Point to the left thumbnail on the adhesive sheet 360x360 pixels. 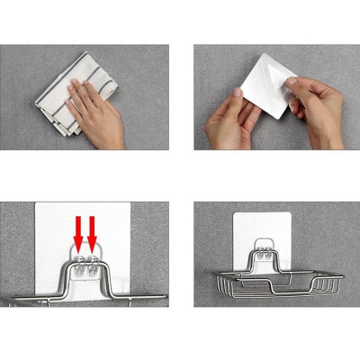[x=239, y=91]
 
